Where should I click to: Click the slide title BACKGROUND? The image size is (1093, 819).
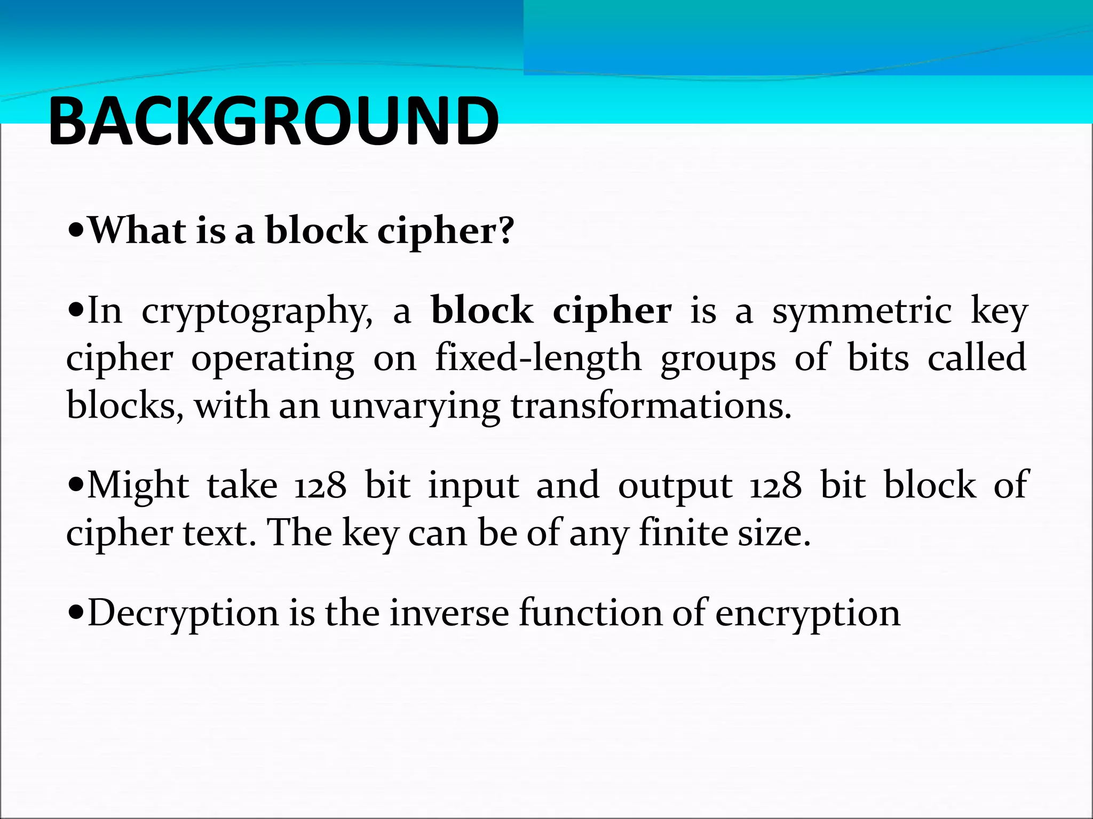tap(273, 122)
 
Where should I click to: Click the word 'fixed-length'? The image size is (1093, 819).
tap(538, 358)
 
